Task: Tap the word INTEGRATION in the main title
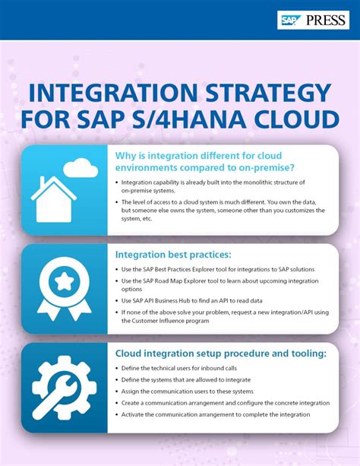[x=103, y=96]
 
